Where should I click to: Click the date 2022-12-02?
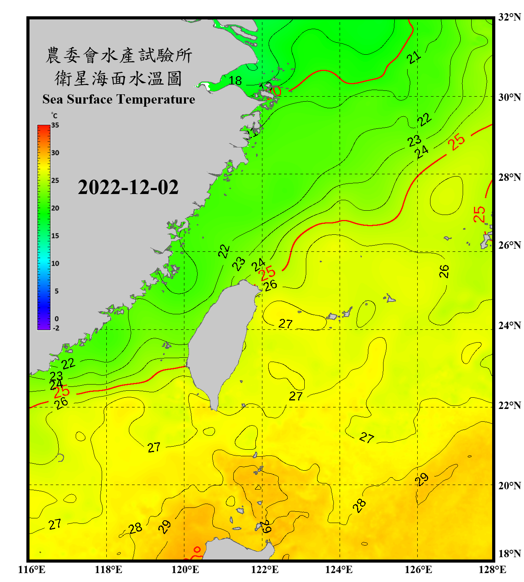(x=128, y=187)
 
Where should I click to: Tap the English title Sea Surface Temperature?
(x=119, y=99)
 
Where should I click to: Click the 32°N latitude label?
(x=509, y=17)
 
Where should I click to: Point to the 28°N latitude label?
(x=509, y=177)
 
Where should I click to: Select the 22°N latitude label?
(x=509, y=405)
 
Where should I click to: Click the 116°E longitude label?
(x=32, y=570)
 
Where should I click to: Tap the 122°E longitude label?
(x=265, y=570)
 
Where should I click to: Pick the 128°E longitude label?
(x=492, y=570)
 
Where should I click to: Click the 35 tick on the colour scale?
(x=55, y=125)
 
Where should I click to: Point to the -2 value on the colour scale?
(x=56, y=328)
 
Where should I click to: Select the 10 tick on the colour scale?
(x=55, y=263)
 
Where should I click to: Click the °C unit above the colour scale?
(x=54, y=116)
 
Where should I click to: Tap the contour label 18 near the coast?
(x=235, y=81)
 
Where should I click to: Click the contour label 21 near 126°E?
(x=414, y=57)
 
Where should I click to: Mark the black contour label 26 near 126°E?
(x=444, y=271)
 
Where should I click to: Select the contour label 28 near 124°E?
(x=359, y=505)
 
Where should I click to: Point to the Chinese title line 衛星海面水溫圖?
(x=118, y=78)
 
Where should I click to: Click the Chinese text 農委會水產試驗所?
(x=119, y=55)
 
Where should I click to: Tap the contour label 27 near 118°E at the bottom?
(x=55, y=525)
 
